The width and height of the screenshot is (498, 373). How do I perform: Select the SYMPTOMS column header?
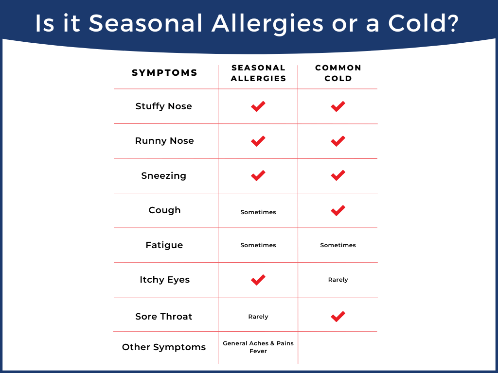[164, 73]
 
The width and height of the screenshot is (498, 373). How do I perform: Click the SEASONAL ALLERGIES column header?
[258, 73]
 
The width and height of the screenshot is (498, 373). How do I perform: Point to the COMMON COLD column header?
[338, 73]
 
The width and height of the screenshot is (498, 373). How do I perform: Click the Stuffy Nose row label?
[163, 106]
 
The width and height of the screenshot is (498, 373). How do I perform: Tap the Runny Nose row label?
[164, 141]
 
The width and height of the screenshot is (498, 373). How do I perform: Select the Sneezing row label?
[163, 176]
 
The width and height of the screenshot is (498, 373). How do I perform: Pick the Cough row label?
[164, 210]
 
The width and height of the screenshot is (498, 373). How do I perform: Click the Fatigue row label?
[164, 245]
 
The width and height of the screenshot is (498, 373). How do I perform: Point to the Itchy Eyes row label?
[164, 280]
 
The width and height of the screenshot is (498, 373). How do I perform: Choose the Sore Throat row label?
[163, 317]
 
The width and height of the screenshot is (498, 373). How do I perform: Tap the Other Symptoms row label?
[164, 347]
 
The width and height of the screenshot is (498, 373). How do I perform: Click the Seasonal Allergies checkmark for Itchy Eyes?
[258, 280]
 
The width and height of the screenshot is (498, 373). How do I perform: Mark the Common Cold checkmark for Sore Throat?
[338, 316]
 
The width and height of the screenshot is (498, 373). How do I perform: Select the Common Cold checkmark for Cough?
[338, 210]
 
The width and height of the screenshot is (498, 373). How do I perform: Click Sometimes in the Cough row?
[258, 212]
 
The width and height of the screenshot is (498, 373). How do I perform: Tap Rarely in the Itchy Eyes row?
[338, 280]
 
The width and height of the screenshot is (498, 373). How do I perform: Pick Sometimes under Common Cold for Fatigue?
[338, 245]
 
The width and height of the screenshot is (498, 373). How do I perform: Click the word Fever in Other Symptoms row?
[258, 351]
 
